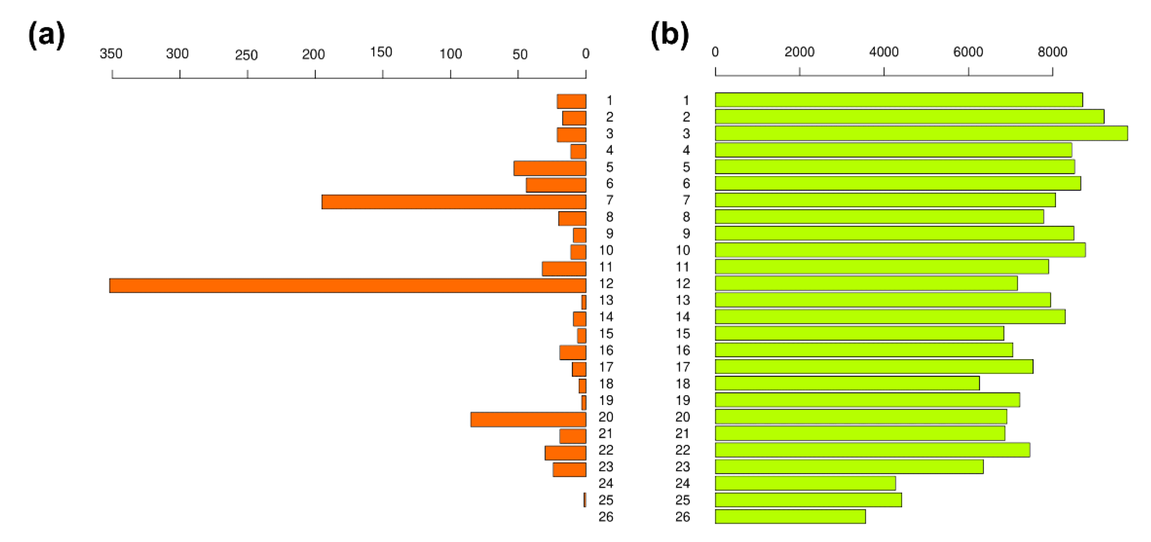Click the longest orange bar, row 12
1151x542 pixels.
pos(348,286)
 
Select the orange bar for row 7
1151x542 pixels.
pos(454,202)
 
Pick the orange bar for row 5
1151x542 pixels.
pos(550,168)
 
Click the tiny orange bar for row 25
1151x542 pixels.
pos(585,500)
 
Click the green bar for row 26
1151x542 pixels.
pos(790,516)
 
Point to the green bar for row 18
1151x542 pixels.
pos(847,383)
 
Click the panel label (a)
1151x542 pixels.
pos(46,36)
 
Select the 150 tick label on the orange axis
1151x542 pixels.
pos(381,53)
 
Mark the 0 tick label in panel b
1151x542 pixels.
pos(715,52)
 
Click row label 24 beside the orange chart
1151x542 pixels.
pos(606,483)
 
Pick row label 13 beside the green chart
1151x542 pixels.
pos(683,300)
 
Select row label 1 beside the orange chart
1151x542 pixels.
pos(609,101)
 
